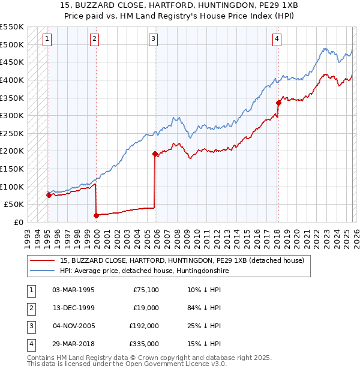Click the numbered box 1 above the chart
[x=47, y=40]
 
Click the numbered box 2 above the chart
[x=95, y=40]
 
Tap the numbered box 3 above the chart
[x=153, y=40]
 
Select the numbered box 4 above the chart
[x=277, y=40]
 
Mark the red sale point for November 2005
[x=155, y=154]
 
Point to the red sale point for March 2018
[x=278, y=103]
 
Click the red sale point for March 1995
[x=49, y=195]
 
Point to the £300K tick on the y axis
[x=12, y=115]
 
